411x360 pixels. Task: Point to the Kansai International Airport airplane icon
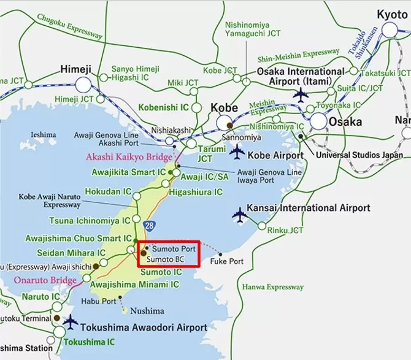click(239, 215)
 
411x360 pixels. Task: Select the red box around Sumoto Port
click(168, 253)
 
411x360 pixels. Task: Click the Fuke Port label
click(227, 261)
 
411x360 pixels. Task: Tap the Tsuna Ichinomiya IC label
click(90, 220)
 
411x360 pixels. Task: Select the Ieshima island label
click(43, 134)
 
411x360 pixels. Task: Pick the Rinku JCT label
click(285, 231)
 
